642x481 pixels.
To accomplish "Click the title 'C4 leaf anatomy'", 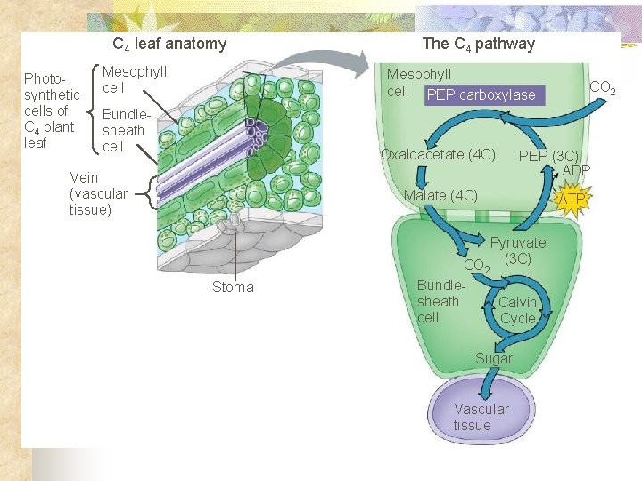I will click(169, 44).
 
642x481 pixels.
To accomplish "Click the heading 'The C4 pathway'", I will click(478, 44).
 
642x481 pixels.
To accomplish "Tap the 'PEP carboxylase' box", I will click(481, 95).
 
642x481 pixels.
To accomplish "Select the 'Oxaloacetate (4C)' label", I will click(438, 154).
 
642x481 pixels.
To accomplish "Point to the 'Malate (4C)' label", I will click(440, 195).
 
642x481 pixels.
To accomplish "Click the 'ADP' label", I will click(576, 170).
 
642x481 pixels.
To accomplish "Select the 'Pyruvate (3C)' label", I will click(518, 250).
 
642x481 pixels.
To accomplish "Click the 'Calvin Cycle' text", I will click(517, 310).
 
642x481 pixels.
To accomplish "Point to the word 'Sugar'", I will click(493, 358).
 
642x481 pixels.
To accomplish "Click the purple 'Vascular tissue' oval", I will click(481, 416).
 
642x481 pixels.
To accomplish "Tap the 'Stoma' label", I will click(233, 287).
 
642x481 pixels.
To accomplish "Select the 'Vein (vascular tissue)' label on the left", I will click(98, 193).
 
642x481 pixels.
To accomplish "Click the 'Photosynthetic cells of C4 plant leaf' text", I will click(51, 110).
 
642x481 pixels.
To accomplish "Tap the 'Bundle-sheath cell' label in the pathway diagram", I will click(440, 301).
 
